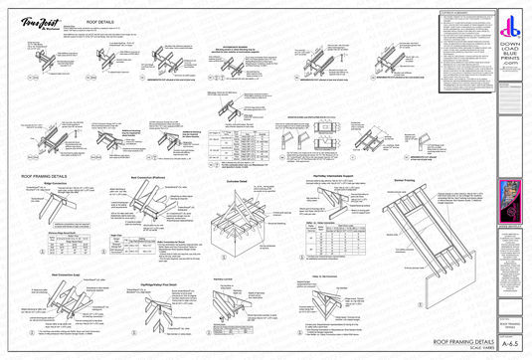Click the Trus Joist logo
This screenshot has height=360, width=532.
36,23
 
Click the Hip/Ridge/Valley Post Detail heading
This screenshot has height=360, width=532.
171,281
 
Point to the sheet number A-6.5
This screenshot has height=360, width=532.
512,340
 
